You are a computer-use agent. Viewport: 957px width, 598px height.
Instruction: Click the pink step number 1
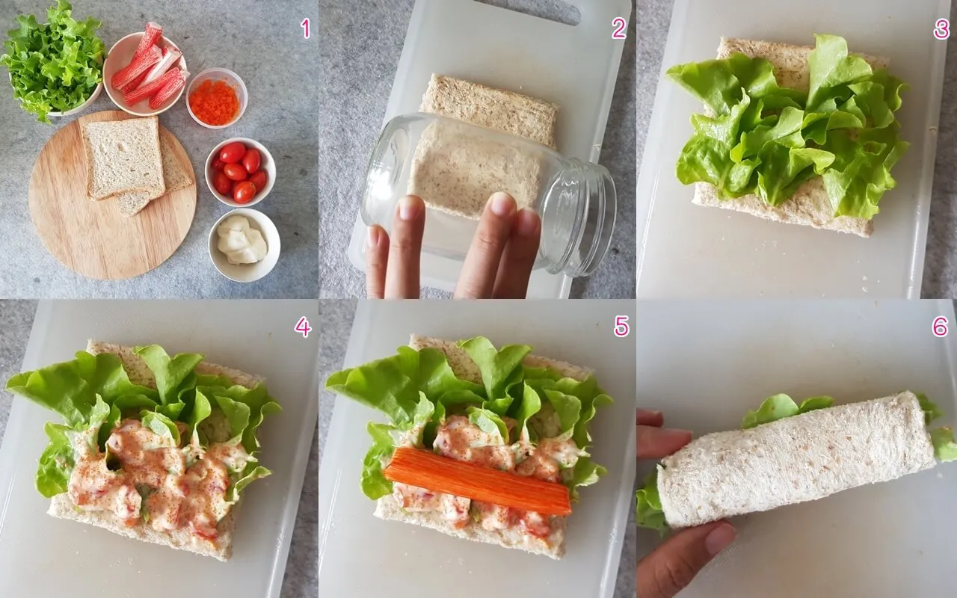click(305, 28)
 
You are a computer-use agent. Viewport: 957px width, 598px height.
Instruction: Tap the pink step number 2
click(618, 28)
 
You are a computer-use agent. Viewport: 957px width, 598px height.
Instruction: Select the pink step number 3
click(941, 28)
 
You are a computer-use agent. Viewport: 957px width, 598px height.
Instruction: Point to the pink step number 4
click(303, 327)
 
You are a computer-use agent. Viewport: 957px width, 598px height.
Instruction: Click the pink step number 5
click(621, 327)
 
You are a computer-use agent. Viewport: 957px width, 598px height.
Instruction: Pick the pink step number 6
click(941, 327)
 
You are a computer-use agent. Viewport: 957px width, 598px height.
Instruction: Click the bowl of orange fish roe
click(217, 98)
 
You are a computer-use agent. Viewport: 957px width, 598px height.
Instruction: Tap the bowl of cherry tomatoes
click(240, 172)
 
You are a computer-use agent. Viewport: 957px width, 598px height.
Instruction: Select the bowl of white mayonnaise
click(244, 244)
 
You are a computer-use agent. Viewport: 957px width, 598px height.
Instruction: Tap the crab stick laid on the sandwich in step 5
click(478, 481)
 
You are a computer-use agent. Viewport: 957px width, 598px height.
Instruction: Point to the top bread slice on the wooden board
click(123, 158)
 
